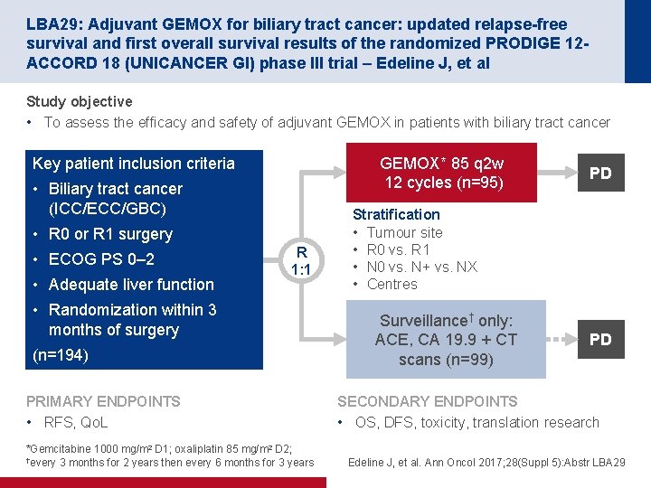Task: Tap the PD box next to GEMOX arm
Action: tap(600, 173)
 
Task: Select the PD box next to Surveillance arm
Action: tap(600, 340)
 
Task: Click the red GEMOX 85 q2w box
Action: tap(442, 173)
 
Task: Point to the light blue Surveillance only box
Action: tap(446, 340)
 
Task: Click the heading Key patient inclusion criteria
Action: tap(134, 164)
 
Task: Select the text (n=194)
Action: tap(61, 355)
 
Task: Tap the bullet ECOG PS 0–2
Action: tap(101, 259)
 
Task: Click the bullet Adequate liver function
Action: tap(130, 285)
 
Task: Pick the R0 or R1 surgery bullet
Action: tap(109, 234)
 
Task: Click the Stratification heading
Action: tap(396, 214)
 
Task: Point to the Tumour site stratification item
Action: tap(404, 232)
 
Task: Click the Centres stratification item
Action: tap(392, 284)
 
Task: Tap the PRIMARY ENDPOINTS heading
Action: tap(103, 401)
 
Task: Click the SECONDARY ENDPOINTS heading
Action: tap(427, 401)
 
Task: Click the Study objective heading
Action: tap(80, 101)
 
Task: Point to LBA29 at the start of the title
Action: tap(48, 23)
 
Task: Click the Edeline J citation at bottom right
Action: tap(486, 463)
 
